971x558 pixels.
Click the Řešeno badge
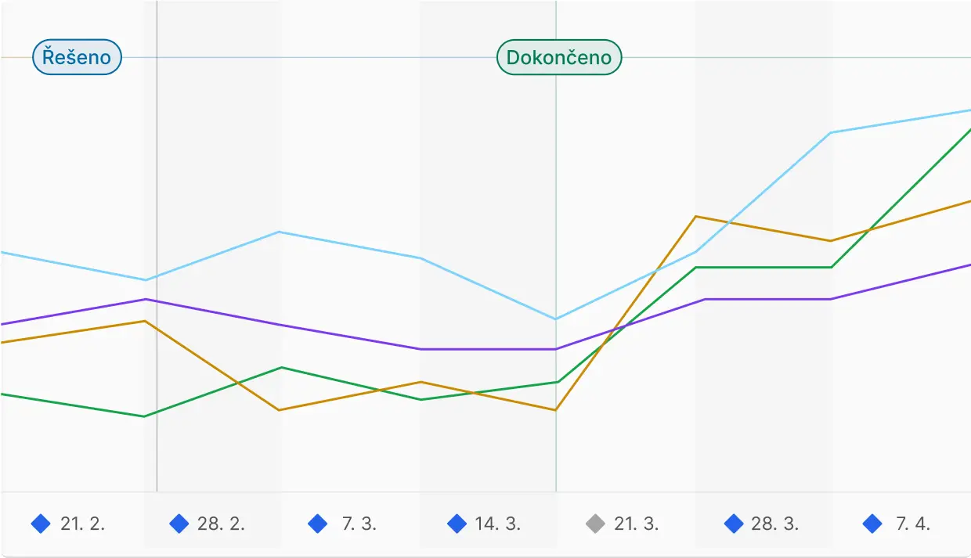(77, 57)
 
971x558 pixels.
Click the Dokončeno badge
(559, 57)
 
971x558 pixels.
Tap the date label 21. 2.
(82, 524)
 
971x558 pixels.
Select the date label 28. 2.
(221, 524)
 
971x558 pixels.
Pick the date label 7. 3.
(359, 524)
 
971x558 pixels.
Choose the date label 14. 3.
(497, 524)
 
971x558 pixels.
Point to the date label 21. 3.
(636, 524)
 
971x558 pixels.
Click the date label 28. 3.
(774, 524)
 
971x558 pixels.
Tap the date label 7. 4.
(912, 524)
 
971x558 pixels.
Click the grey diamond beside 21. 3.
(595, 524)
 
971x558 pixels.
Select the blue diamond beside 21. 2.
(41, 524)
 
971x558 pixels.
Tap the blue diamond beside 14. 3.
(457, 524)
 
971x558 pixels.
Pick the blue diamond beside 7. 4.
(872, 524)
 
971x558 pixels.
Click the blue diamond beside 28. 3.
(734, 524)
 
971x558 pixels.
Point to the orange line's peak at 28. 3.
(695, 216)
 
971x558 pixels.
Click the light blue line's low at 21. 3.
(556, 319)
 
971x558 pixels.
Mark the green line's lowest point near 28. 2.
(144, 416)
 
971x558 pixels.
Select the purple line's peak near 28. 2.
(145, 299)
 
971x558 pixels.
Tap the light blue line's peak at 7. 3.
(280, 232)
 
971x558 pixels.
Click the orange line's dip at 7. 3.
(280, 410)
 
